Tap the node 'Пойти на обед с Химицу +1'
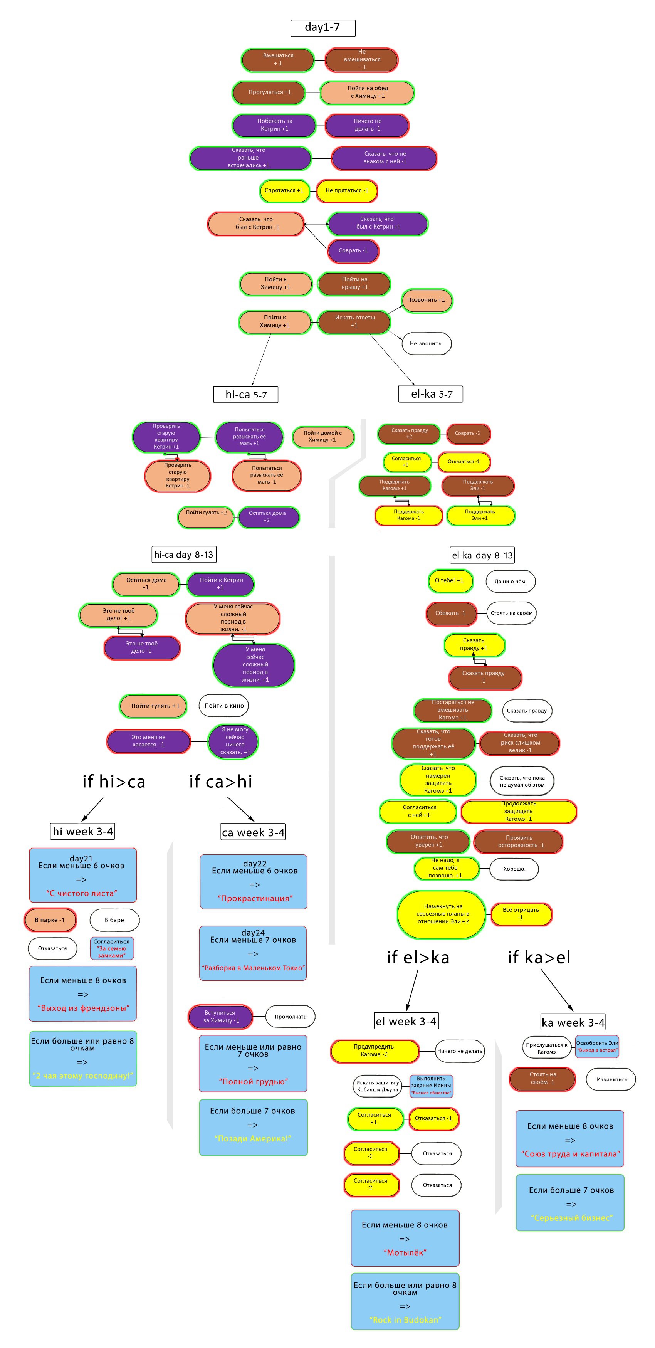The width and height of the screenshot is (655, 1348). [x=367, y=92]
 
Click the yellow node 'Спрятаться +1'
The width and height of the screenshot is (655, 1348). [x=284, y=190]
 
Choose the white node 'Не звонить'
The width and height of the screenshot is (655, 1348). [x=426, y=344]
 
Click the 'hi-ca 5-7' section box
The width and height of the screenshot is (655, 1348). [x=245, y=395]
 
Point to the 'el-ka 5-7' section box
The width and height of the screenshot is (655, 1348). [x=430, y=394]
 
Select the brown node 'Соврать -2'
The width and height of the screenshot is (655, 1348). [x=467, y=433]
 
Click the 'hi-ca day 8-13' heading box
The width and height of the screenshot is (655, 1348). [x=184, y=555]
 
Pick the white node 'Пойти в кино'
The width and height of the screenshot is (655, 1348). [x=224, y=706]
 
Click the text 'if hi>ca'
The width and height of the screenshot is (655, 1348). [x=114, y=782]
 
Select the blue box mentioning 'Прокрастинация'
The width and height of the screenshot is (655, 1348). [x=254, y=882]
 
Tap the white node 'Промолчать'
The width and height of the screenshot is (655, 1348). [x=291, y=1017]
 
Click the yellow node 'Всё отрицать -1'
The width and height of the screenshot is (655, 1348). [x=521, y=914]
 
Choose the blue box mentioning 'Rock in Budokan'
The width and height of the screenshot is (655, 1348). [x=405, y=1301]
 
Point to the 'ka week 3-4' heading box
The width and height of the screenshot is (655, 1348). [x=573, y=1022]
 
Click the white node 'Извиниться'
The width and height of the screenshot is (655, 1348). [x=611, y=1079]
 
